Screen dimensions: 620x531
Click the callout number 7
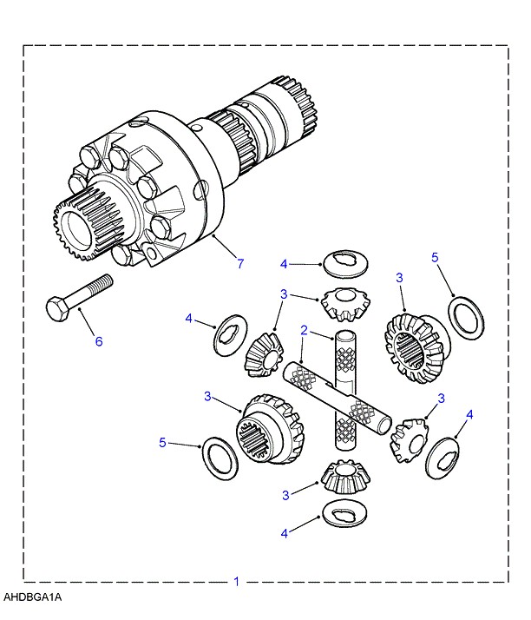coord(239,262)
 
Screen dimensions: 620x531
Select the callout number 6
coord(98,341)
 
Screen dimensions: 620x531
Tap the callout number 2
coord(305,330)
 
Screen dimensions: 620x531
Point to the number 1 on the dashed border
coord(235,581)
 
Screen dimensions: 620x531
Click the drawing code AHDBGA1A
coord(32,598)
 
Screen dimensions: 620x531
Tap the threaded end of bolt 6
coord(103,284)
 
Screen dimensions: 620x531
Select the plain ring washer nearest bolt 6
coord(220,458)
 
